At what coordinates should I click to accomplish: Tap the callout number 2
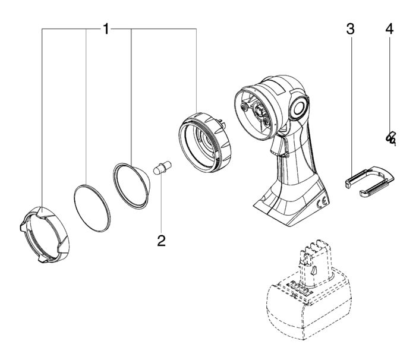pos(161,240)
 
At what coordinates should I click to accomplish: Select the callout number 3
pos(351,29)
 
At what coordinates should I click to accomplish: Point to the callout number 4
pos(390,29)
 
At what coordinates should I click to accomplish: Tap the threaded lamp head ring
pos(206,143)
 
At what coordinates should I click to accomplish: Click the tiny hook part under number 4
pos(390,138)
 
